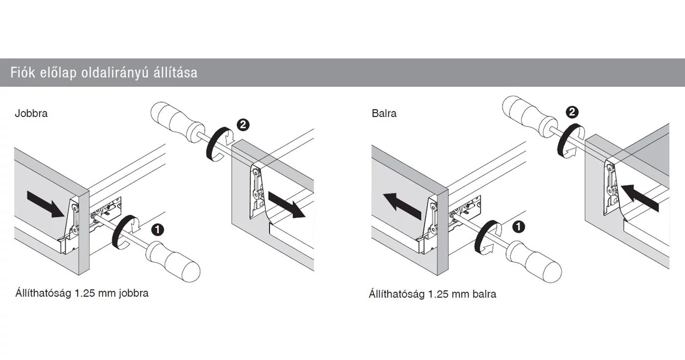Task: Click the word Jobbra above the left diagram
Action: (x=31, y=113)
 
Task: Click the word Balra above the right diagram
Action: (x=384, y=113)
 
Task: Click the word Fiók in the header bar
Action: (x=22, y=73)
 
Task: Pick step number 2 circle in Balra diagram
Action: (x=572, y=112)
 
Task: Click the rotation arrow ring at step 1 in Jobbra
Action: (x=123, y=233)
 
